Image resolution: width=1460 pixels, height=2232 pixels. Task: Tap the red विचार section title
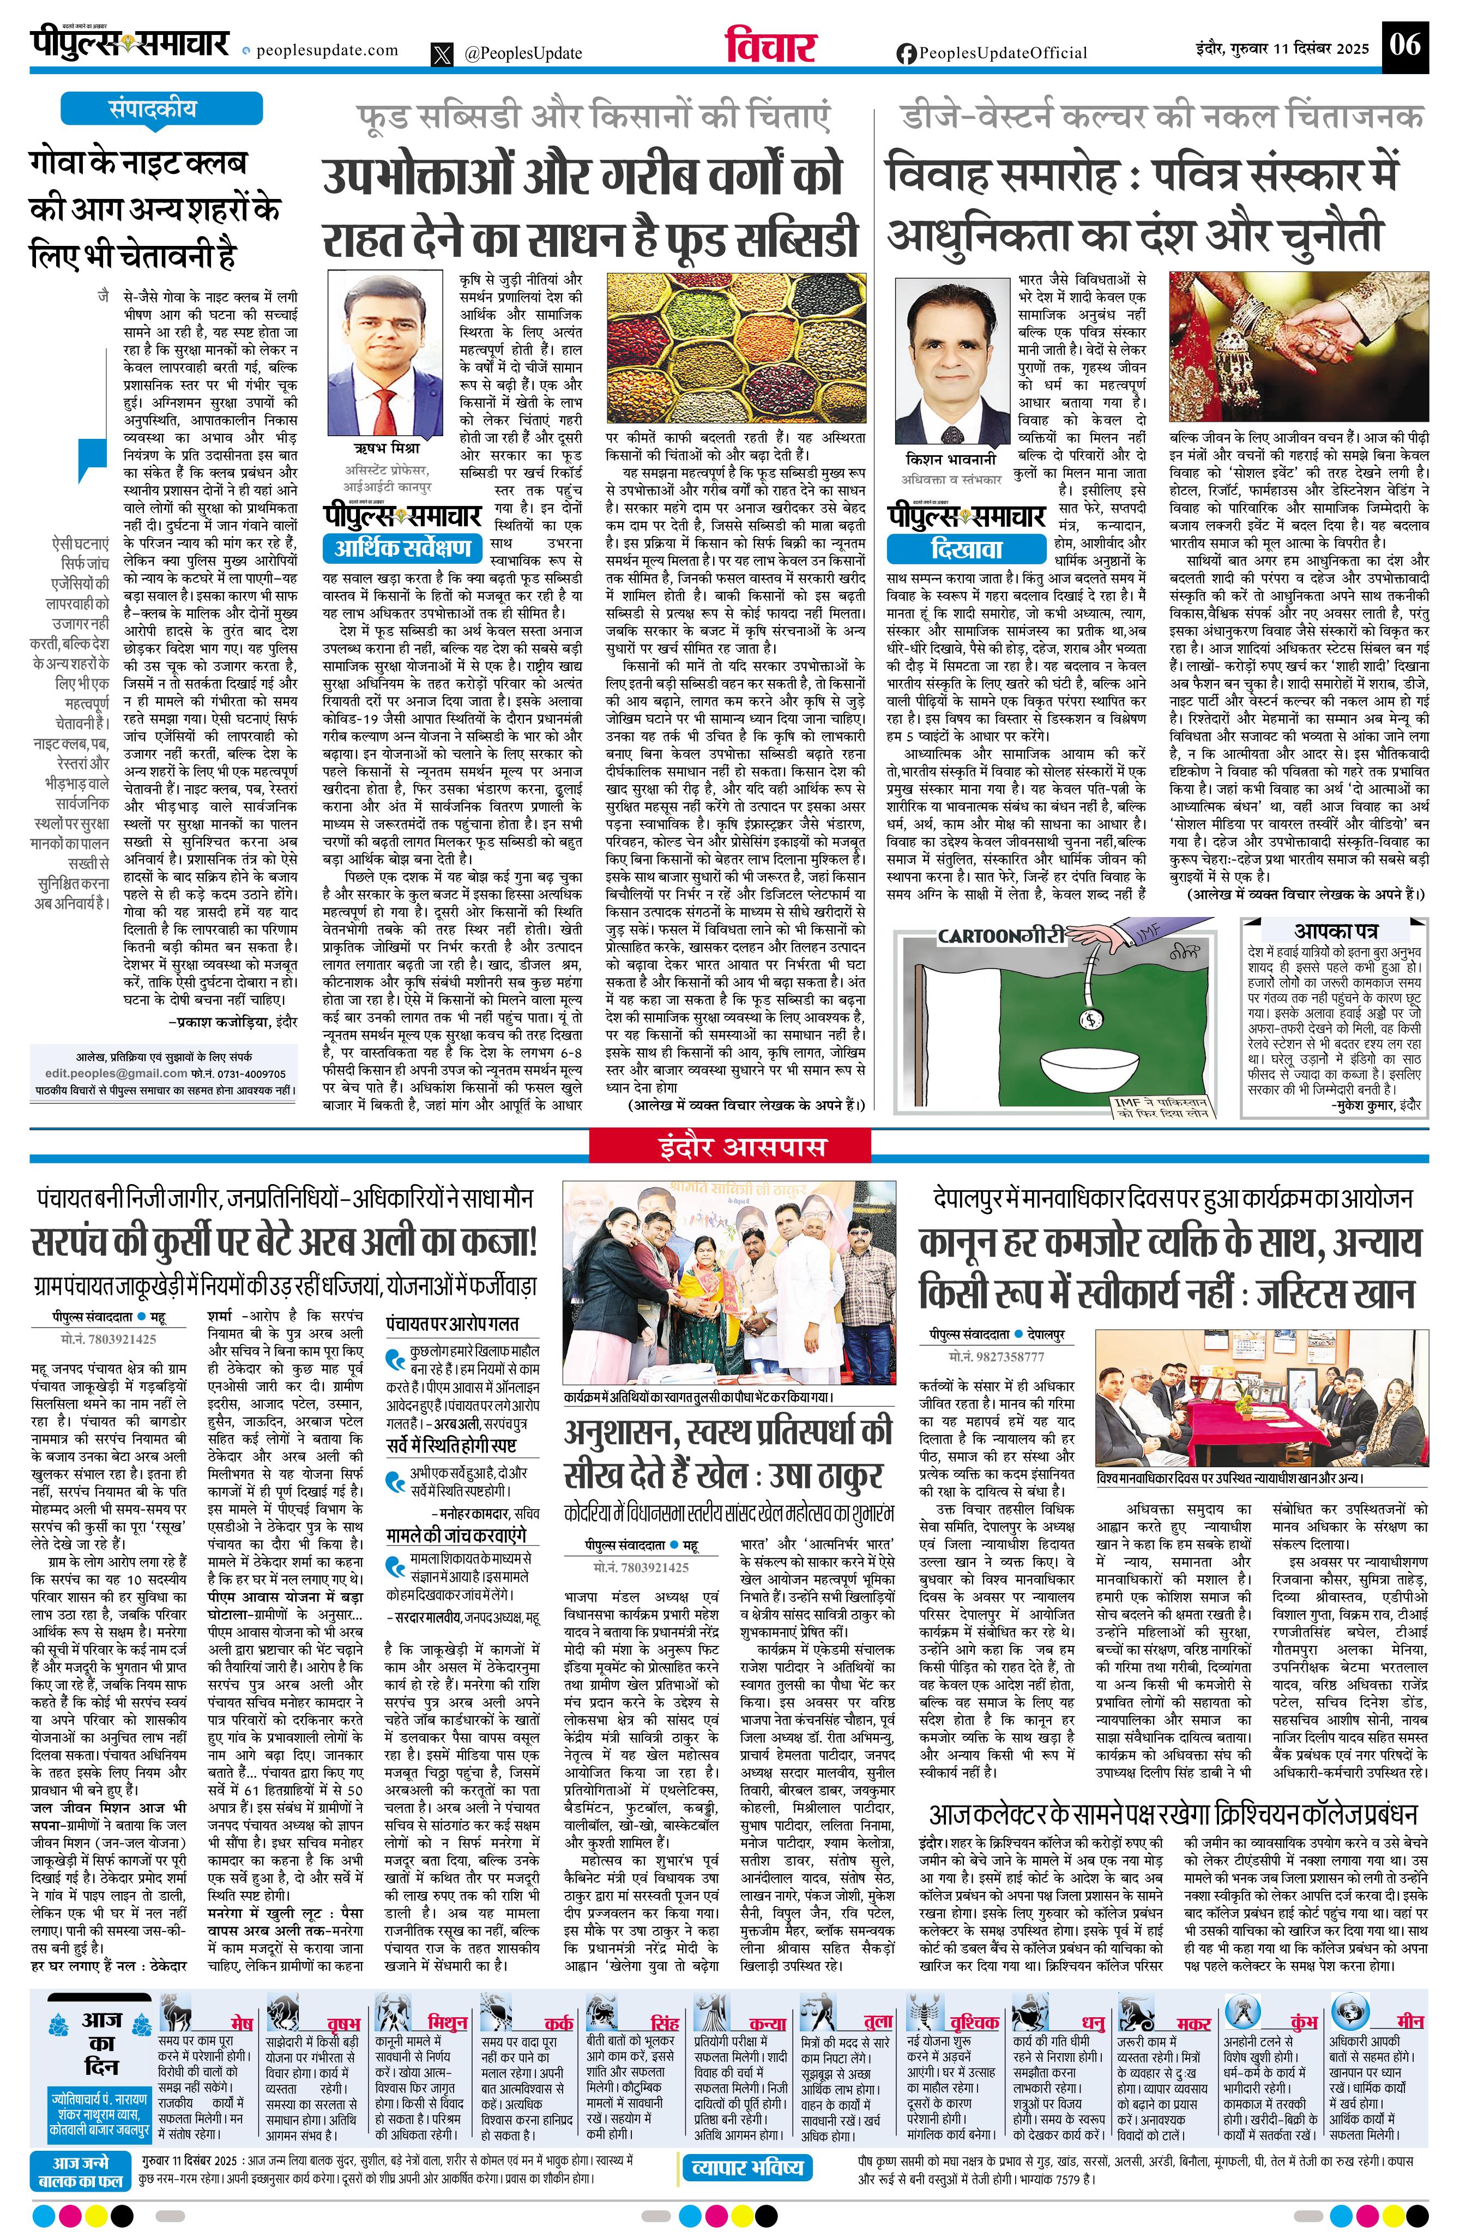point(770,47)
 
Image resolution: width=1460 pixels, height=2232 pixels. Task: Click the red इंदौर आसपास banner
point(729,1146)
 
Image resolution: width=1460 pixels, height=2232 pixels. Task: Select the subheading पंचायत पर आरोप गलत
point(452,1323)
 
